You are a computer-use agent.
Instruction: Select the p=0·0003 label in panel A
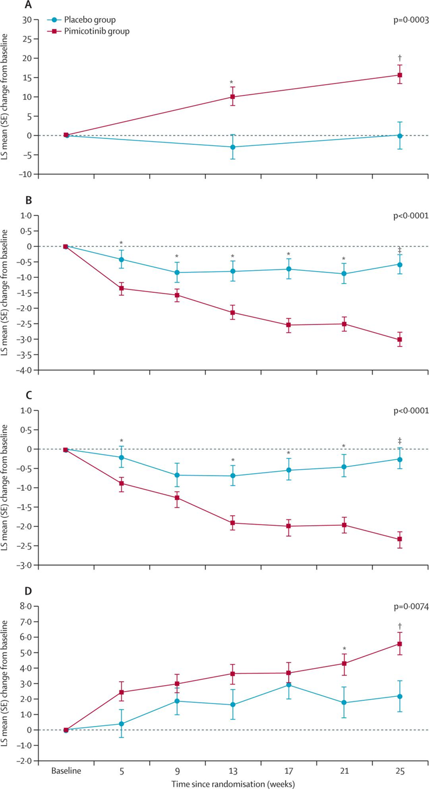tap(410, 20)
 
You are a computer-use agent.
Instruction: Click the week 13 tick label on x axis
tap(233, 770)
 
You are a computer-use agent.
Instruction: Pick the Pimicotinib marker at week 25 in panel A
tap(400, 75)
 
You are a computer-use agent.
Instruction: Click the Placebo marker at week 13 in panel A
tap(233, 147)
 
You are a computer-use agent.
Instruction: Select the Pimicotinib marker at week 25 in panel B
tap(400, 340)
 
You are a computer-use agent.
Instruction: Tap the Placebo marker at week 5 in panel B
tap(121, 259)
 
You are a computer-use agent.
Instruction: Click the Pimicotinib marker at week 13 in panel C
tap(233, 523)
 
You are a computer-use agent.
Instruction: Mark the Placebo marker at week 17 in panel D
tap(289, 685)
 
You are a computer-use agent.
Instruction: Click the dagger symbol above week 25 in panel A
tap(400, 57)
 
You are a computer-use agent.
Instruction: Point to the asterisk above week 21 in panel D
tap(344, 648)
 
